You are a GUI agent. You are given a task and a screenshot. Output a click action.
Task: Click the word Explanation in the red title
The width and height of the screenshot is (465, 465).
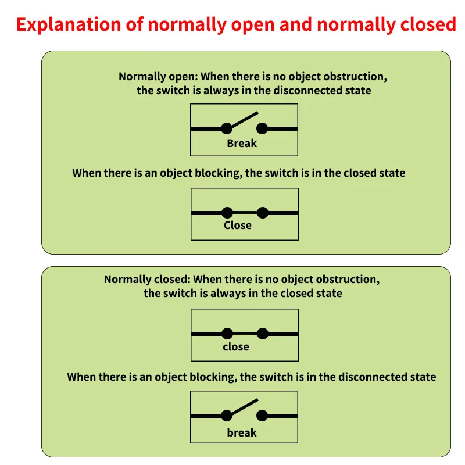click(x=69, y=24)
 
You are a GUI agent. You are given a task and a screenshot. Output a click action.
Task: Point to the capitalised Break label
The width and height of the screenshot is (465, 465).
click(x=242, y=143)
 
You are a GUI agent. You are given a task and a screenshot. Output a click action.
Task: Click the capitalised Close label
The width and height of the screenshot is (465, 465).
click(x=238, y=226)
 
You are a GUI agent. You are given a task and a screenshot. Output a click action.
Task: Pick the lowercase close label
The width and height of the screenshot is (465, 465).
click(x=236, y=346)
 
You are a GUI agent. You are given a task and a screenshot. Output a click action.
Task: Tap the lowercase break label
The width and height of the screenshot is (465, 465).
click(x=242, y=432)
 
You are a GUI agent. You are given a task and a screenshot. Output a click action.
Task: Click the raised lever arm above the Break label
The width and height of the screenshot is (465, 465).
click(x=244, y=120)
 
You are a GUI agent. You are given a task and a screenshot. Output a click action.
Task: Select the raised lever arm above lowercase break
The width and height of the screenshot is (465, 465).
click(x=244, y=407)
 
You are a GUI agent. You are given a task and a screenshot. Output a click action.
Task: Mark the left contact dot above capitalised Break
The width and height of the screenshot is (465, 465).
click(x=227, y=128)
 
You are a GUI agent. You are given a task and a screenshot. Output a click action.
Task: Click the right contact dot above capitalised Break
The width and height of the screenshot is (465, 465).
click(x=262, y=128)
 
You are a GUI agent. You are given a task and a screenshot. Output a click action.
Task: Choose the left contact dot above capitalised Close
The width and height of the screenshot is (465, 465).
click(x=227, y=213)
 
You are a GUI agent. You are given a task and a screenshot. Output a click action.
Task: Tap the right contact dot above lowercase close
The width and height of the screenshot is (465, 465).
click(x=263, y=334)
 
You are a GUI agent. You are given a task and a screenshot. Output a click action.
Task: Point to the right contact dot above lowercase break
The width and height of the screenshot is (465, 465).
click(x=262, y=416)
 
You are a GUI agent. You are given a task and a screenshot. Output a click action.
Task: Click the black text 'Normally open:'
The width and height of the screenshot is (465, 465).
click(x=158, y=77)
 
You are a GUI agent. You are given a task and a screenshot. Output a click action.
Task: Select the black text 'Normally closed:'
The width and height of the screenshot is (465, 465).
click(x=147, y=280)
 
